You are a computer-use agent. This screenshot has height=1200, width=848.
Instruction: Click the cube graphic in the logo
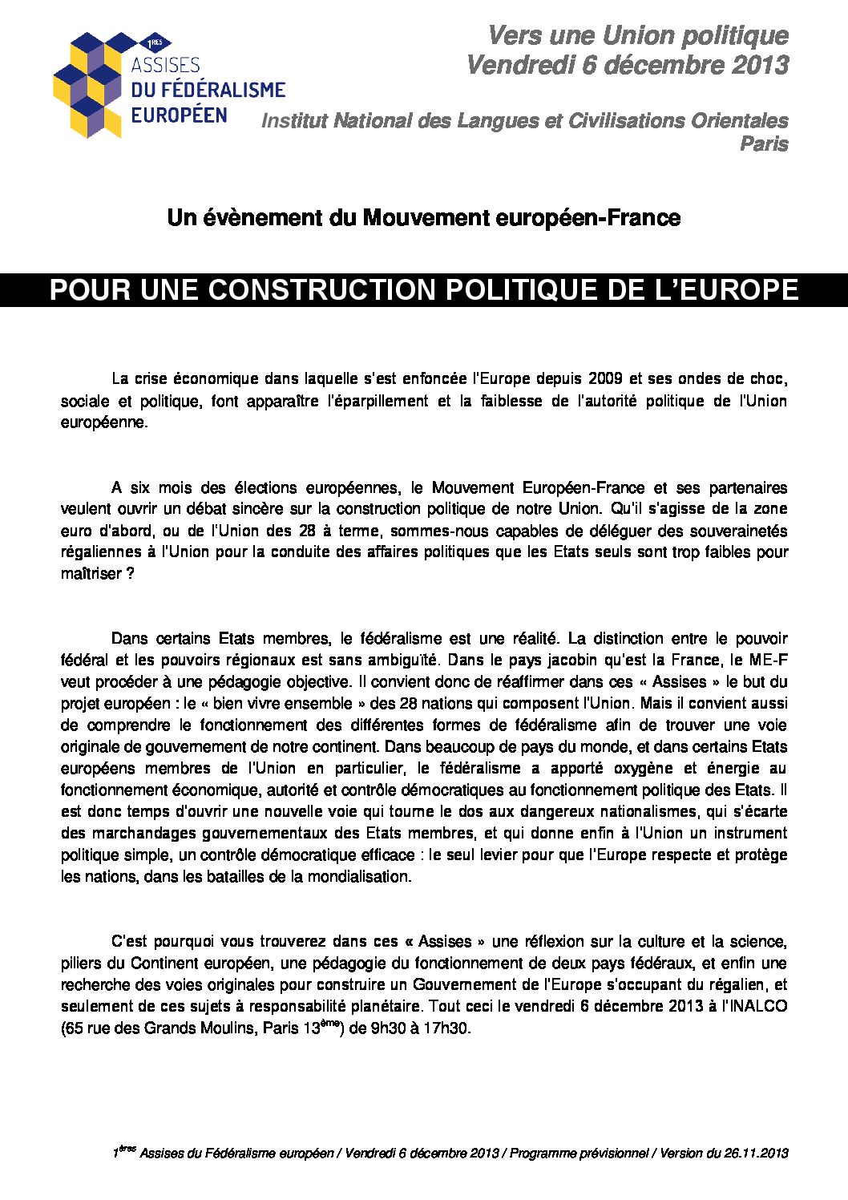(90, 85)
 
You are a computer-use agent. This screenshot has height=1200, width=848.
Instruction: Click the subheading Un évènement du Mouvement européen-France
(423, 218)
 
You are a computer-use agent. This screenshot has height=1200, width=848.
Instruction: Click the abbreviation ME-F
(769, 661)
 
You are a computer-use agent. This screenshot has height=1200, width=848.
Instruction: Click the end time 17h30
(448, 1028)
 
